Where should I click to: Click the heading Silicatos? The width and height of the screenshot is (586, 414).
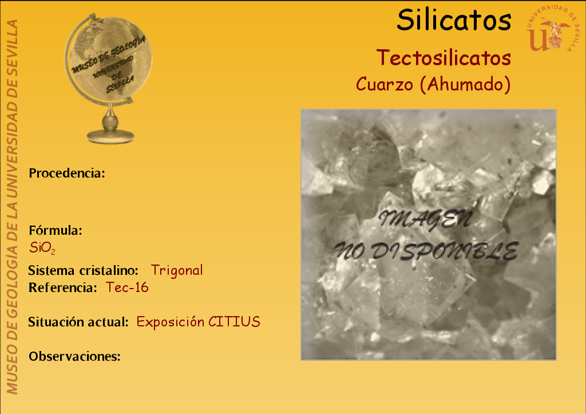tap(454, 20)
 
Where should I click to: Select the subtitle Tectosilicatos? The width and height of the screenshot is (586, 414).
tap(444, 58)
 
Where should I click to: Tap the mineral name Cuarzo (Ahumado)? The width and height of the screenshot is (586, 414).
tap(433, 84)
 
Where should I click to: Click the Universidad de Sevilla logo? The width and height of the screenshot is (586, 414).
tap(552, 29)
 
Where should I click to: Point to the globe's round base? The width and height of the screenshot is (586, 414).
tap(110, 136)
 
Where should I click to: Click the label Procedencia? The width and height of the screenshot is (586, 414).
tap(67, 173)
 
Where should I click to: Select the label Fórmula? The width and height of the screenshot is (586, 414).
tap(56, 230)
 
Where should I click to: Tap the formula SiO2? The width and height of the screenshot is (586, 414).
tap(42, 247)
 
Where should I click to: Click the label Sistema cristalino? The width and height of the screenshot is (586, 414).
tap(84, 270)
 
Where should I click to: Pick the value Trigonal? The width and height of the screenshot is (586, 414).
tap(177, 270)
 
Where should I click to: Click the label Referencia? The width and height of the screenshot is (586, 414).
tap(63, 287)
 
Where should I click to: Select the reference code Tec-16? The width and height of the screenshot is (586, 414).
tap(127, 287)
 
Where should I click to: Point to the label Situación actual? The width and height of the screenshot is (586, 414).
tap(78, 322)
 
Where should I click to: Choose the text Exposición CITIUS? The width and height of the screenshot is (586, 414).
tap(198, 322)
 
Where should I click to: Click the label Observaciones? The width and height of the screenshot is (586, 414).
tap(75, 356)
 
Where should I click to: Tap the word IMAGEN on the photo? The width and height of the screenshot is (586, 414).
tap(425, 219)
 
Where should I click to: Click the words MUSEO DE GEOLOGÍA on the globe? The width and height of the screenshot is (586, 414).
tap(108, 55)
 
